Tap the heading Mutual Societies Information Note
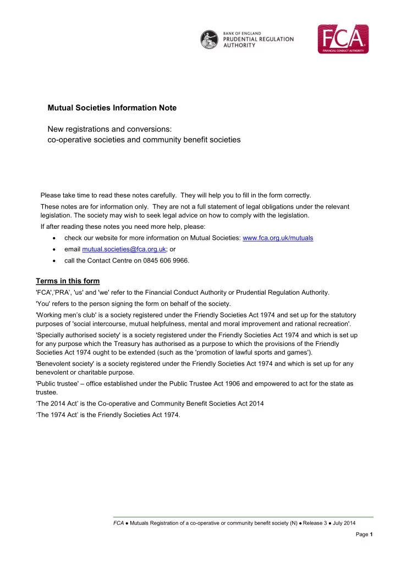point(112,108)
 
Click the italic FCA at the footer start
point(118,523)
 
